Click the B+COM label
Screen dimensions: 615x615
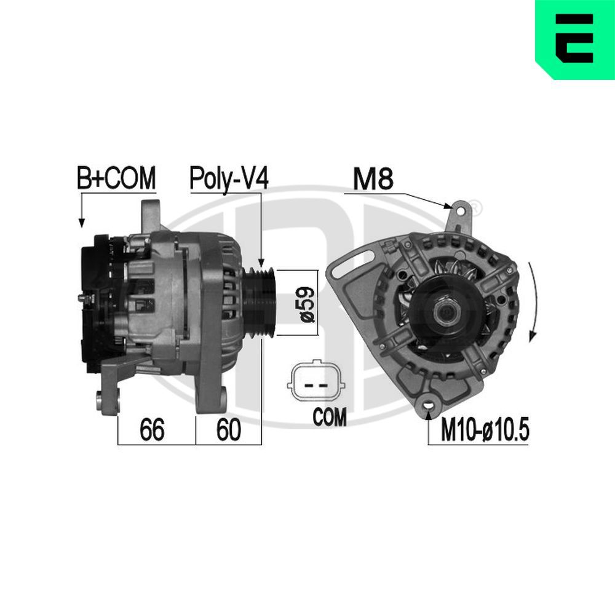point(116,179)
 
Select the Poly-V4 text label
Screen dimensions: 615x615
point(228,179)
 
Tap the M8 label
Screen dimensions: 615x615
point(372,180)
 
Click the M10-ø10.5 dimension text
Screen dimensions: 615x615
point(485,431)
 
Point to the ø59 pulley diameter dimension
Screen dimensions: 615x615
point(307,303)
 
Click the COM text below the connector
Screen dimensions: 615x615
point(330,418)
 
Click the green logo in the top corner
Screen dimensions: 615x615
point(574,39)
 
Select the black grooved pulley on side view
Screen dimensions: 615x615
point(261,303)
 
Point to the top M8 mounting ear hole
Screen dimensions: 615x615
point(459,210)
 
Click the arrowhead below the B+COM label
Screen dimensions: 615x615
point(81,223)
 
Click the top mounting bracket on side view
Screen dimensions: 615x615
point(149,215)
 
